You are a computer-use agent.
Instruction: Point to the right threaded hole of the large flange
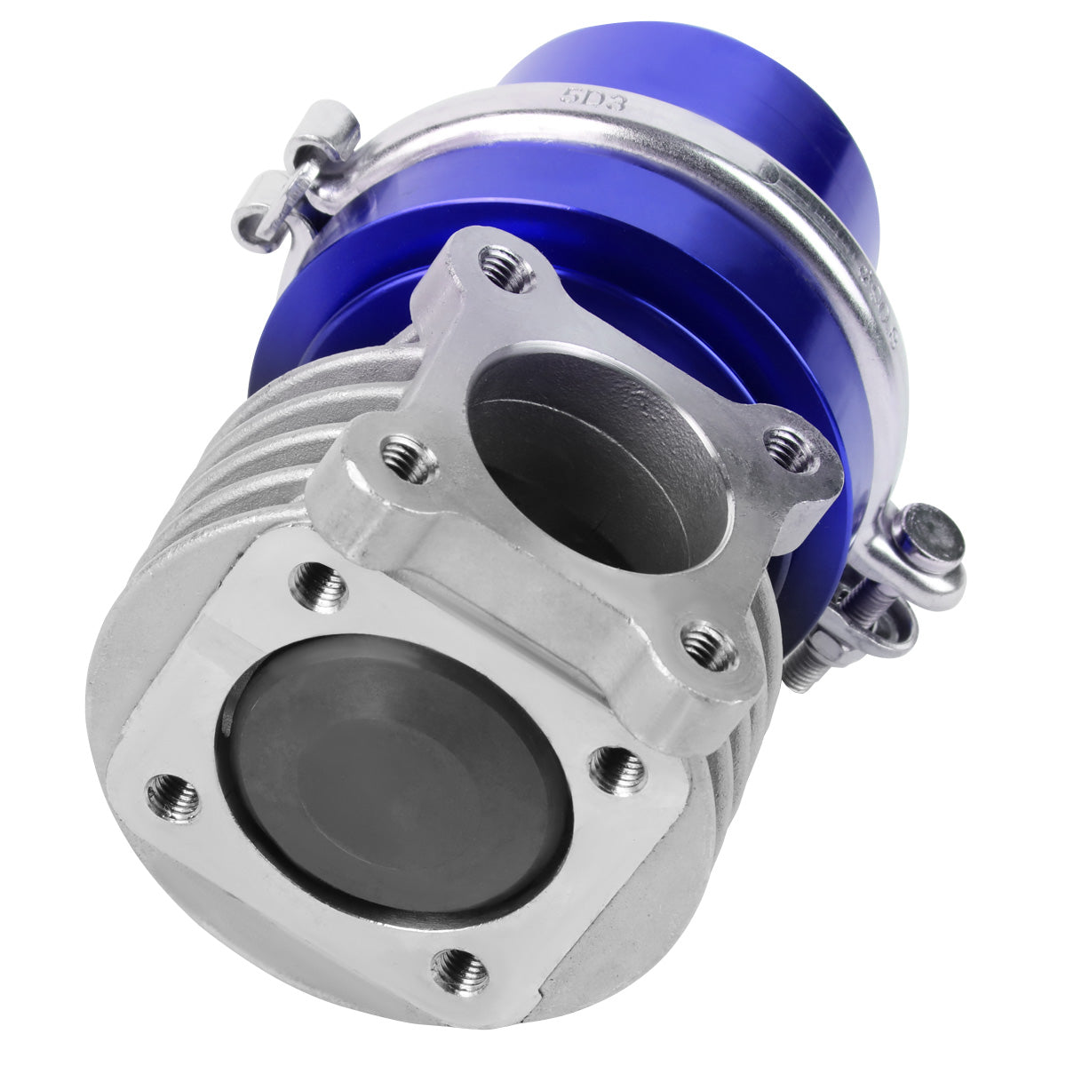[x=618, y=769]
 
